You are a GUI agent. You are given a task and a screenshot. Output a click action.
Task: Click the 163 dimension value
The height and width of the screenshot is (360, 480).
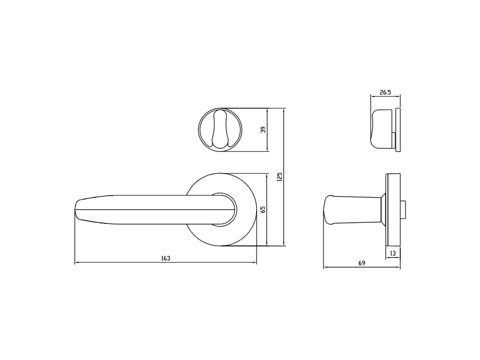(166, 258)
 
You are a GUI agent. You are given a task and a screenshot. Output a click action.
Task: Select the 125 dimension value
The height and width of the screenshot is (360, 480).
(279, 177)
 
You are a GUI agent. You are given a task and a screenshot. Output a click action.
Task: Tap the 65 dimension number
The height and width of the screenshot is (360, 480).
(262, 210)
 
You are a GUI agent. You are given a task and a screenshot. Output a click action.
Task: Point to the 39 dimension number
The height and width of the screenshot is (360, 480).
(262, 130)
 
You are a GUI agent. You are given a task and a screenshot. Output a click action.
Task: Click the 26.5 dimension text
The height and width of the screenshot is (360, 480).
(385, 92)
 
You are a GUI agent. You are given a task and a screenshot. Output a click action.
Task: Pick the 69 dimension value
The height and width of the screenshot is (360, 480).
(361, 263)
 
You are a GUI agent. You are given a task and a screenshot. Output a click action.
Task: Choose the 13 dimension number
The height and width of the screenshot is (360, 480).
(393, 253)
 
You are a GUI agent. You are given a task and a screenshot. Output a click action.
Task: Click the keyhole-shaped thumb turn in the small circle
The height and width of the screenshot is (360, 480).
(220, 130)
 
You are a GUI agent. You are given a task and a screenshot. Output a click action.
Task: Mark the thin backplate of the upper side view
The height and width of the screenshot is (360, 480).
(398, 130)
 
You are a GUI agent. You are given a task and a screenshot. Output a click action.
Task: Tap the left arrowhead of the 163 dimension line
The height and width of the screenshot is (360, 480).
(77, 263)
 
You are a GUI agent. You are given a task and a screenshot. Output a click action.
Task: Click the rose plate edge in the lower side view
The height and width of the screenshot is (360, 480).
(392, 209)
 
